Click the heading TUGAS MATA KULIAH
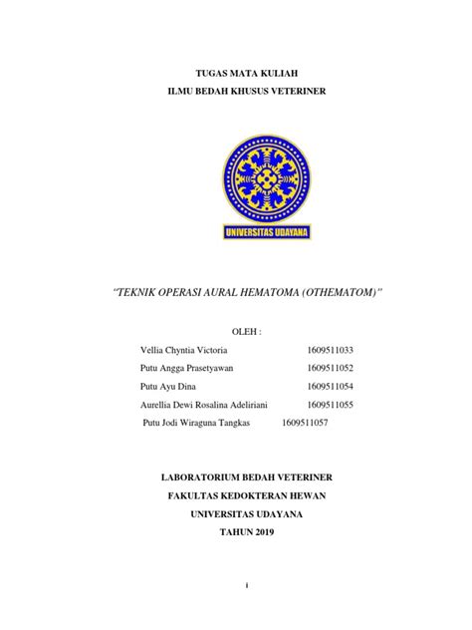click(235, 74)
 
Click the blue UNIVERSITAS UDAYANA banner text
click(236, 233)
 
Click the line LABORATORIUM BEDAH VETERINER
click(236, 478)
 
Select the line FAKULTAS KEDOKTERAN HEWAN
click(236, 496)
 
